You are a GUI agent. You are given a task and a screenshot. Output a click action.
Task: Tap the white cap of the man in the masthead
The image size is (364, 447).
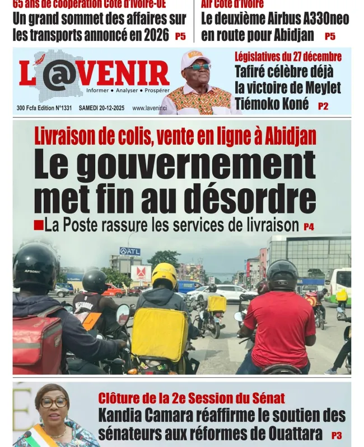(x=195, y=57)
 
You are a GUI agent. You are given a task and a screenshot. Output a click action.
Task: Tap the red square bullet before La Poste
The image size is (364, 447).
(x=38, y=225)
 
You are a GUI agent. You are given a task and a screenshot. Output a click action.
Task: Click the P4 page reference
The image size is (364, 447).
(x=309, y=227)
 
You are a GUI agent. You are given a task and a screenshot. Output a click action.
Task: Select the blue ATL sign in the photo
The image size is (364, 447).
(x=130, y=251)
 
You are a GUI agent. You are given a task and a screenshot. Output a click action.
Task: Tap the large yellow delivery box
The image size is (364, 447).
(x=160, y=334)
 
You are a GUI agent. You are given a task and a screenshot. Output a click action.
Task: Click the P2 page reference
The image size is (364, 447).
(x=323, y=106)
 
